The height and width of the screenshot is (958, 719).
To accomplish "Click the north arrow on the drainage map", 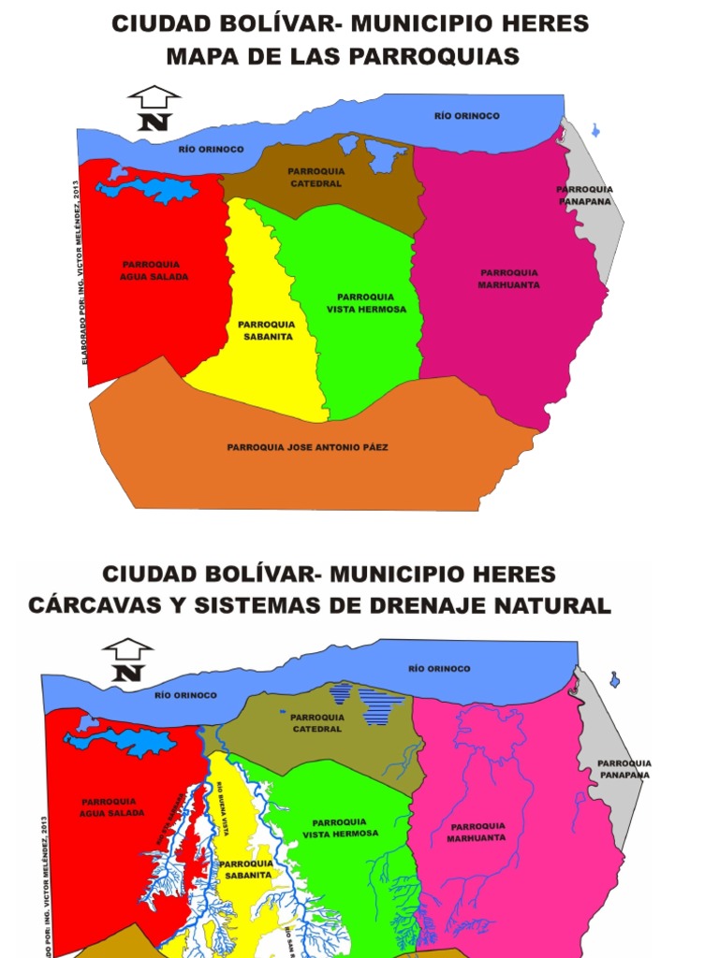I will coord(128,660).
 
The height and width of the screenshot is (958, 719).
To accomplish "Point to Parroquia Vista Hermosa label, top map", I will coord(366,303).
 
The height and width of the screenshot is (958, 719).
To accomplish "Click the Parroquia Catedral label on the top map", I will coord(315,178).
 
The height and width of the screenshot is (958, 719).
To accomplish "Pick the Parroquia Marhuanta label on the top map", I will coord(508,279).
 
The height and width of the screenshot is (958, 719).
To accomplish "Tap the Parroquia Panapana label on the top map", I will coord(584,195).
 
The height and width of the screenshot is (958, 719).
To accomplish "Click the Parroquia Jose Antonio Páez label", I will coord(307,447).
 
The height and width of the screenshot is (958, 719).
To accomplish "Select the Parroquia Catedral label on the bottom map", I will coord(316,723).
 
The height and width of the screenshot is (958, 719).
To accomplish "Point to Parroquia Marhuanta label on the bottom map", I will coord(477,832).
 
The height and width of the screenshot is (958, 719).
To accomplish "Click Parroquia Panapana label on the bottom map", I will coord(624,769).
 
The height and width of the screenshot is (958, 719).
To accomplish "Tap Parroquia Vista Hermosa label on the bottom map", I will coord(341,828).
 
